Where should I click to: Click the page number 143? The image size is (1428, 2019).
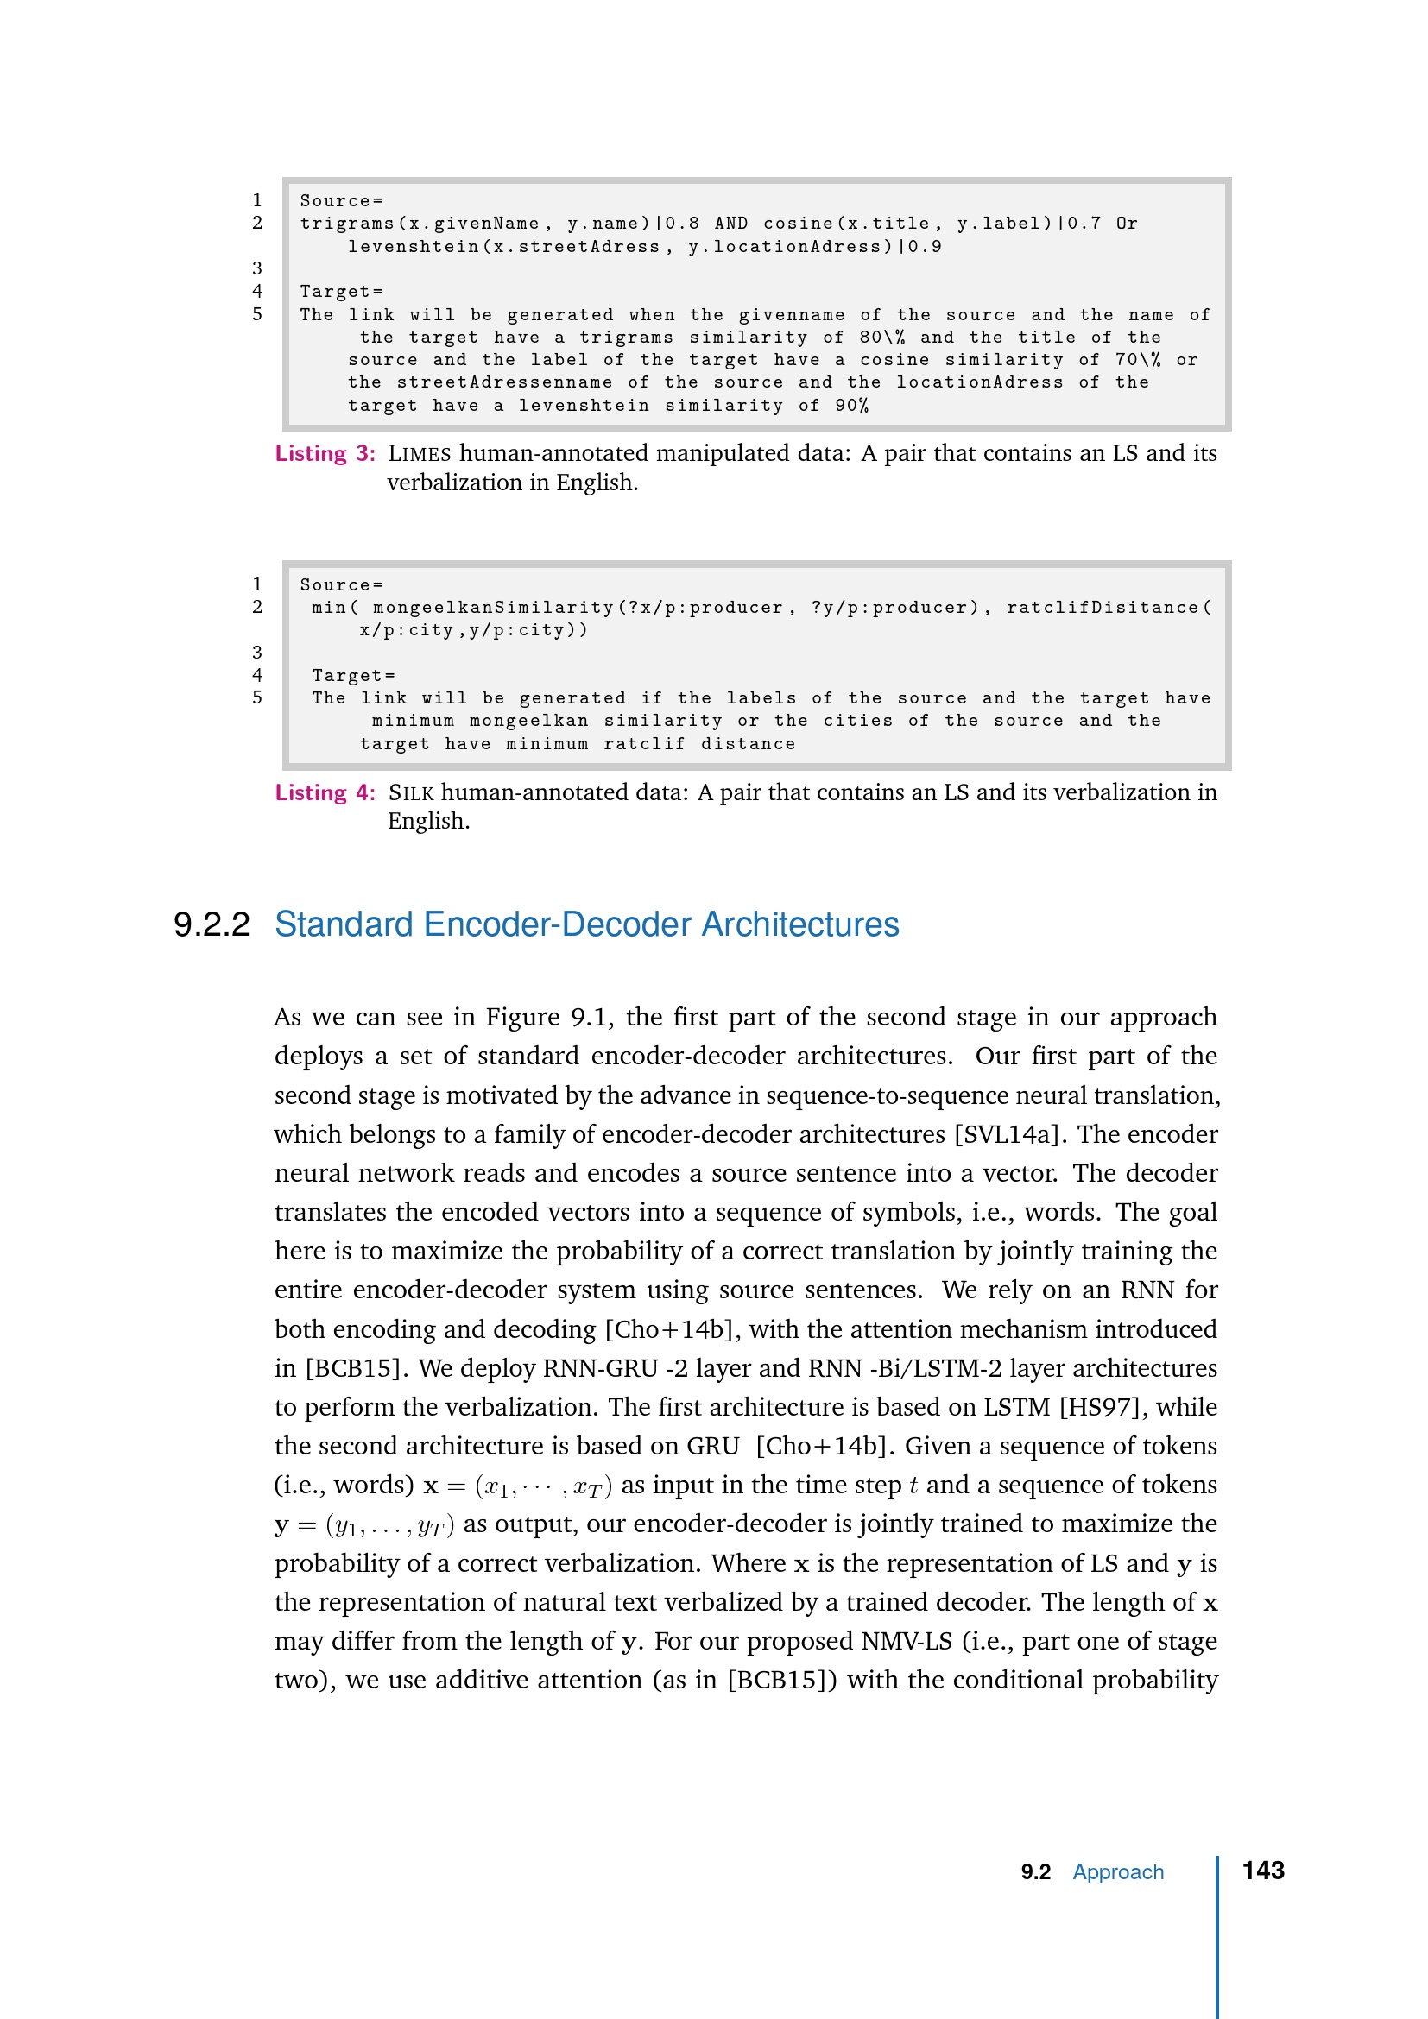(1263, 1871)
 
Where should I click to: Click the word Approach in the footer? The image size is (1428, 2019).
(1117, 1872)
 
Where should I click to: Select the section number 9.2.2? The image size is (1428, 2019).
(211, 924)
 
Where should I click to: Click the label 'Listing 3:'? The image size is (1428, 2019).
(325, 454)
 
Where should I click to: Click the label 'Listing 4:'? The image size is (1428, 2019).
(325, 793)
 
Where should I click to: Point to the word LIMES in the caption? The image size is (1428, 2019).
(420, 454)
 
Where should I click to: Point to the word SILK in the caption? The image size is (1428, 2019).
(411, 793)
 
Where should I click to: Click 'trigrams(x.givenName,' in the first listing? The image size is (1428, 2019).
(420, 224)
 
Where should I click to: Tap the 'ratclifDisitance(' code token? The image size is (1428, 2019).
(1109, 608)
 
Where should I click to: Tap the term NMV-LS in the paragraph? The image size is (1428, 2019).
(907, 1641)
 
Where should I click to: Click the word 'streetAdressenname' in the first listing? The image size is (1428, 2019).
(505, 382)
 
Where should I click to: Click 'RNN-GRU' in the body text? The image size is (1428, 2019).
(601, 1368)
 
